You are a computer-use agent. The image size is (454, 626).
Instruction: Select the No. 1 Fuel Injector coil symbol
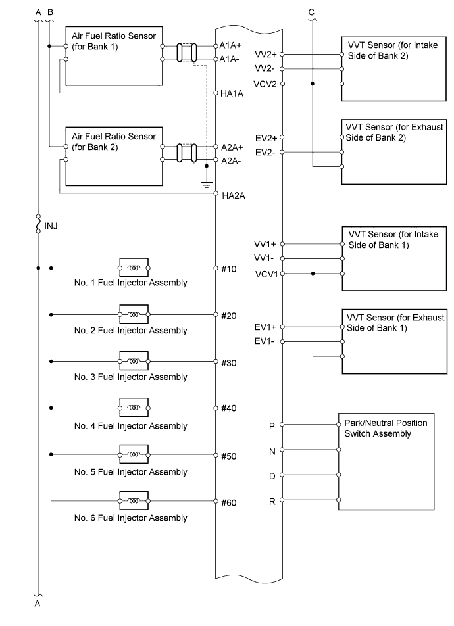coord(134,268)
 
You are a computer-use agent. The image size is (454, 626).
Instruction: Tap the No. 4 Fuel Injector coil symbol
coord(134,408)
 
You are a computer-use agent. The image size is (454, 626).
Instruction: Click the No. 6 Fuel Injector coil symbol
coord(134,502)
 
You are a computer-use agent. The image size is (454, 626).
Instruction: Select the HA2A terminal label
coord(233,195)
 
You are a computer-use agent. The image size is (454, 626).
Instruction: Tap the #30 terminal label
coord(229,362)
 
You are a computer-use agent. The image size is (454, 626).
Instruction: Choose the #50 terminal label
coord(229,456)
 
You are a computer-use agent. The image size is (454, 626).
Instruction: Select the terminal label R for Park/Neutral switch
coord(272,502)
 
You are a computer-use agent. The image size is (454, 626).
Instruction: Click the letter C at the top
coord(311,12)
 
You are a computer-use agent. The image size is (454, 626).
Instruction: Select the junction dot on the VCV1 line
coord(313,274)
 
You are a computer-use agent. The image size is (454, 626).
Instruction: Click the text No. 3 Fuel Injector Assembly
coord(130,377)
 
